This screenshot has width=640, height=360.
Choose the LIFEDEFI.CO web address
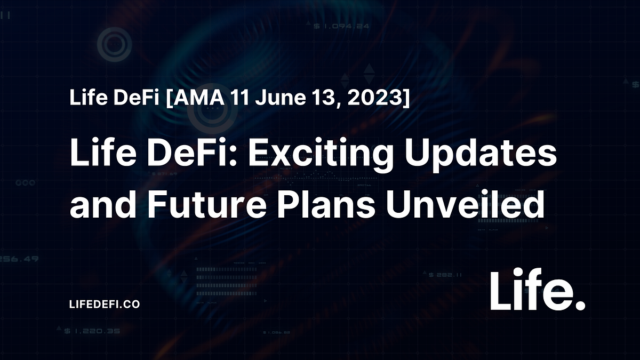point(105,304)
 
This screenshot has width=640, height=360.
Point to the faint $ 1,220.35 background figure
point(92,331)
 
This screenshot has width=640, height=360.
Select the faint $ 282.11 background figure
point(445,275)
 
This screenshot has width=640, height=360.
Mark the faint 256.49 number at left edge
point(19,259)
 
